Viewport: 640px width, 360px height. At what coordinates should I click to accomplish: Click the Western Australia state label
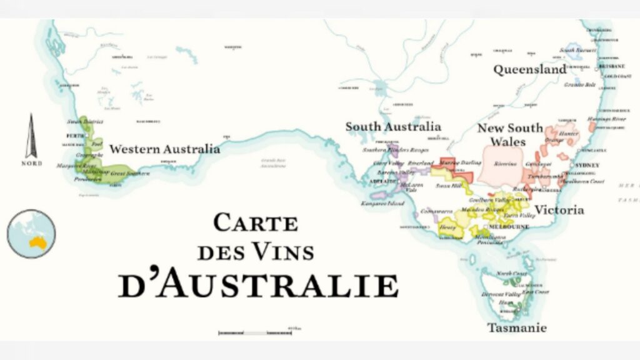[164, 149]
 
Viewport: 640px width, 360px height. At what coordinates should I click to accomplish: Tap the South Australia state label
[393, 127]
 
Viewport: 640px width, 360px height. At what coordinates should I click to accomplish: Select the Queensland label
[529, 70]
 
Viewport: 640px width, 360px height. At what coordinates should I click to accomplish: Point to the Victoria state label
[559, 210]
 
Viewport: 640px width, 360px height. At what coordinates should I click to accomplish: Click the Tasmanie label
[517, 327]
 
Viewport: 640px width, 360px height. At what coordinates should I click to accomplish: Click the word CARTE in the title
[256, 223]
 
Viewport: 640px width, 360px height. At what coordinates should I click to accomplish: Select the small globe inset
[31, 234]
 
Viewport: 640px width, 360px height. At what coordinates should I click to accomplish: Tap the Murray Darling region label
[461, 162]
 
